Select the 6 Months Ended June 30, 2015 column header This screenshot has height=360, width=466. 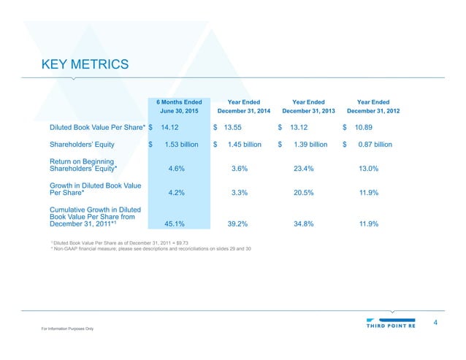(180, 107)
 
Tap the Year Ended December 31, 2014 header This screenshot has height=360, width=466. (244, 107)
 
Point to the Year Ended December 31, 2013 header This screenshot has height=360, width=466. (308, 107)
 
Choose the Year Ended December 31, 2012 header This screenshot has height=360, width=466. (373, 107)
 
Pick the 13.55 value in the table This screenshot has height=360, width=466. (235, 126)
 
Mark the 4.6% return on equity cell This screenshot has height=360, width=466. (175, 169)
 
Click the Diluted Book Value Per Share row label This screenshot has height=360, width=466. (97, 126)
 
